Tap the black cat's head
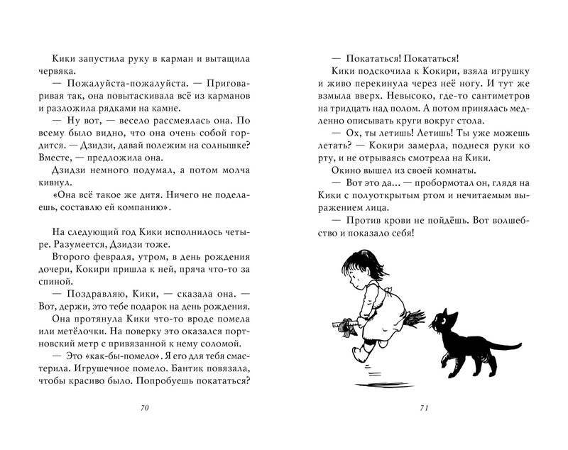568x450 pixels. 447,323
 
